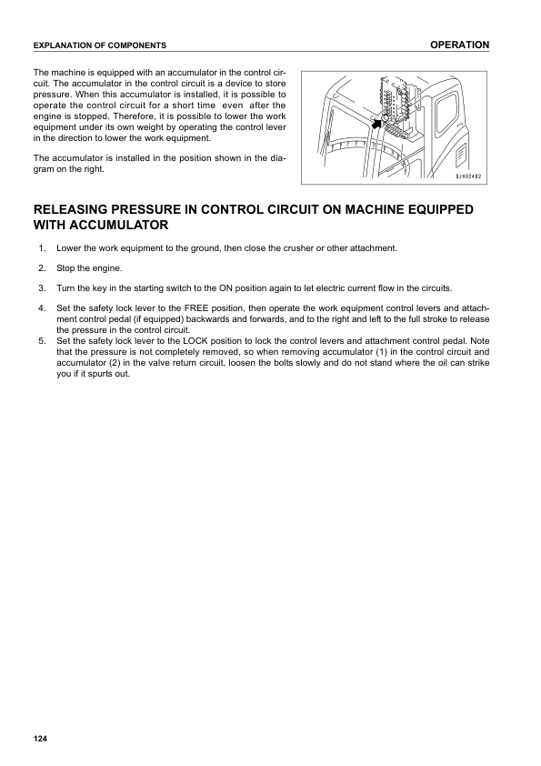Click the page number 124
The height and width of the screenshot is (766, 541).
tap(39, 737)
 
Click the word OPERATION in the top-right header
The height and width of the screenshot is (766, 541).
tap(459, 45)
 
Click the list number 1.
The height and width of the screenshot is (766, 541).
tap(41, 248)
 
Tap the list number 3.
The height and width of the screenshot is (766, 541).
tap(41, 287)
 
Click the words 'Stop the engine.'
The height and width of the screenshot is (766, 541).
tap(89, 268)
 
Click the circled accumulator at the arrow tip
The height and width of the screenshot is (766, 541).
tap(386, 120)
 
